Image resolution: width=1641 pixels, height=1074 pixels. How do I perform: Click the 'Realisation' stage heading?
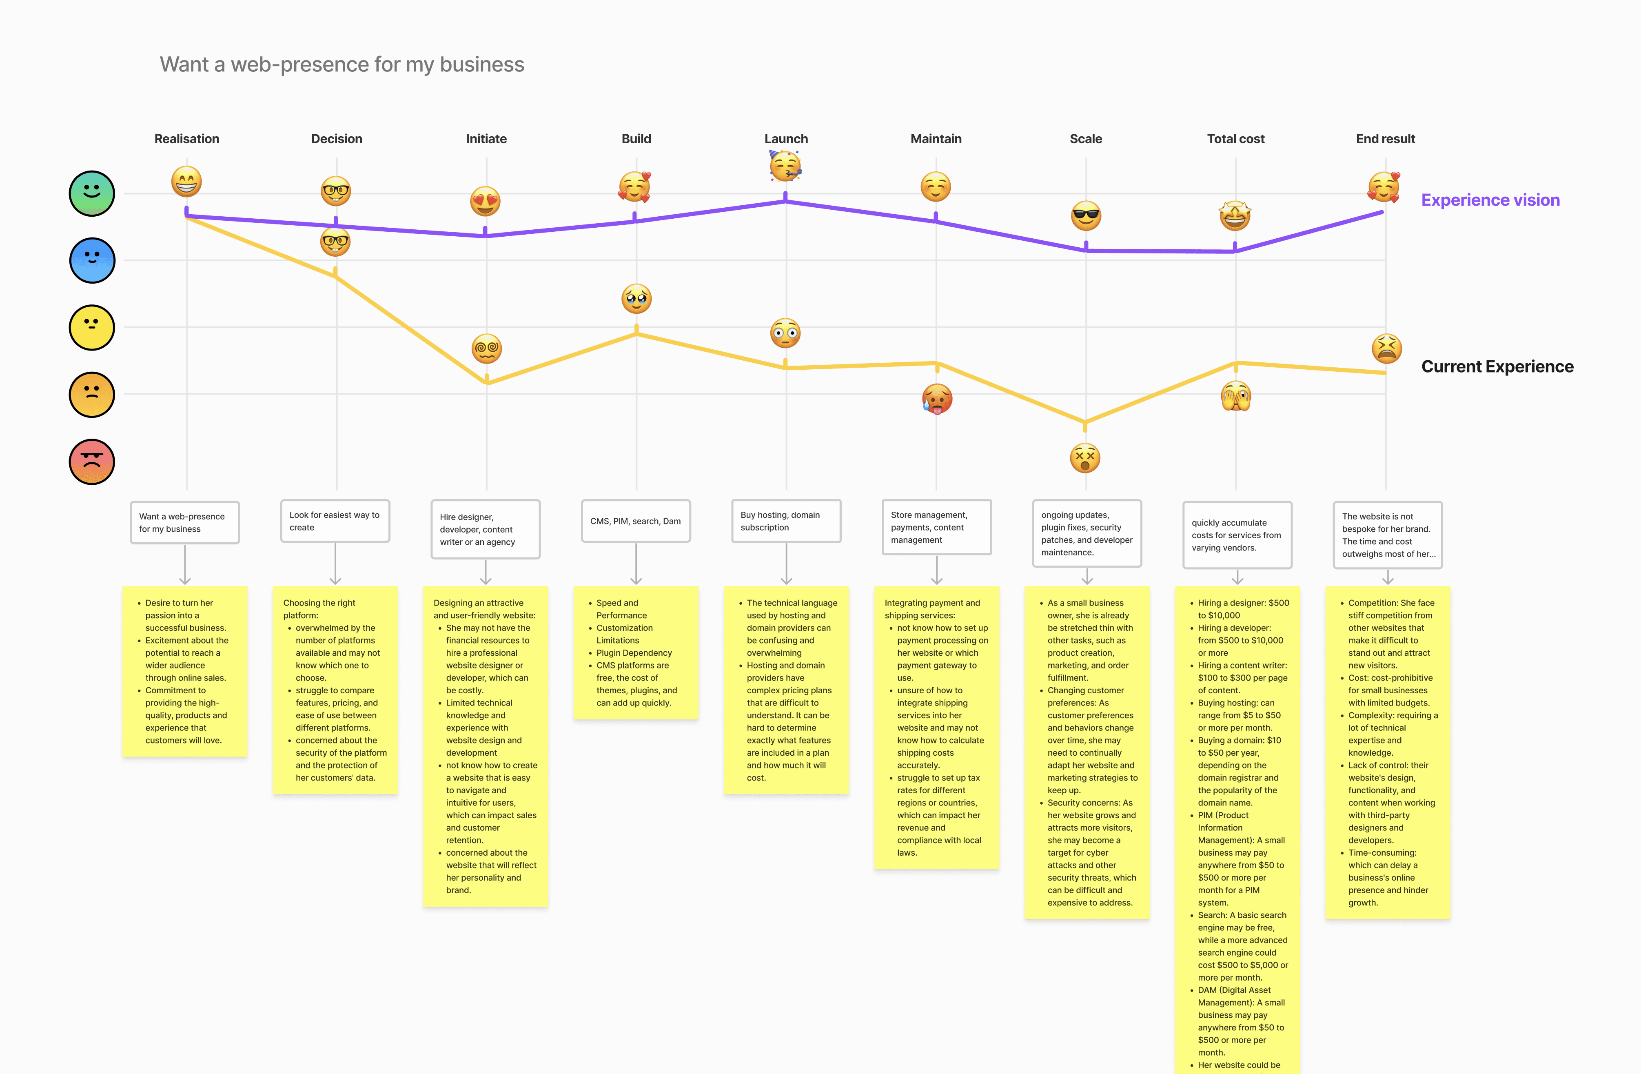187,139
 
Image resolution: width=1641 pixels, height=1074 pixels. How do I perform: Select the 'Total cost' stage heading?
1235,139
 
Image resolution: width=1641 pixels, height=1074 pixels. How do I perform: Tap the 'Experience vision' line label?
1490,200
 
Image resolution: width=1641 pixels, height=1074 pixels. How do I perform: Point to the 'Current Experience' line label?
1497,366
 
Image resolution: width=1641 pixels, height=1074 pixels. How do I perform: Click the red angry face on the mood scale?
92,462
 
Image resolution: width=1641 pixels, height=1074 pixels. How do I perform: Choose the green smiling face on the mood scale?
92,193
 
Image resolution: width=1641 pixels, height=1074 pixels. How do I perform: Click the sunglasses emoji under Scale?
1086,216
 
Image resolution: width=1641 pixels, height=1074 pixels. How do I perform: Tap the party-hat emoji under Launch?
785,166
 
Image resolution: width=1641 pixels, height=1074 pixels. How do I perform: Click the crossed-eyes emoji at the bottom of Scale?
1084,457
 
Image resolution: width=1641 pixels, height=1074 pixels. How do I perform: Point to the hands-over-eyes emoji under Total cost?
1235,396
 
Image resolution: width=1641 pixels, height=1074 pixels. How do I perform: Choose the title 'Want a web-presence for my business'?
342,64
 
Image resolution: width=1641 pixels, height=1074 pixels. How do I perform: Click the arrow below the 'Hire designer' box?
486,573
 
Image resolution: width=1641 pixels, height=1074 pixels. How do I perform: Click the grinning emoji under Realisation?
187,182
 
